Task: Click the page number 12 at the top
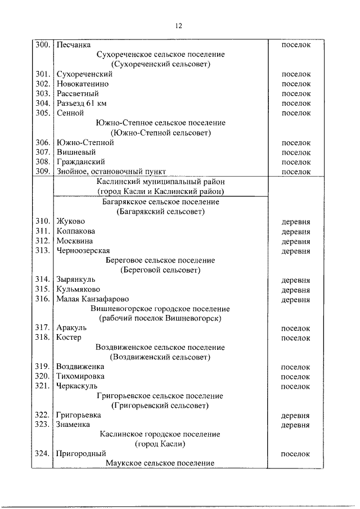click(179, 25)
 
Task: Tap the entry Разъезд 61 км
click(82, 103)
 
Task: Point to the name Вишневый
click(76, 152)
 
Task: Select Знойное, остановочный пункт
click(111, 172)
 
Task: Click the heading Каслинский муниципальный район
click(160, 182)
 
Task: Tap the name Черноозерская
click(83, 251)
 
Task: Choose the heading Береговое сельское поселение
click(160, 260)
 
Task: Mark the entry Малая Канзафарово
click(92, 299)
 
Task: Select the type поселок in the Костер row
click(296, 338)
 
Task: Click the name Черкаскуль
click(77, 386)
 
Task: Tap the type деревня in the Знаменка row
click(296, 425)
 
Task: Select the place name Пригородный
click(81, 453)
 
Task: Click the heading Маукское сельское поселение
click(160, 463)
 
